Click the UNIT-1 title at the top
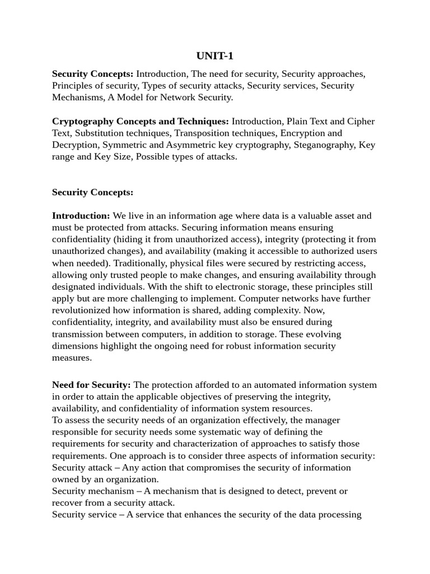[214, 55]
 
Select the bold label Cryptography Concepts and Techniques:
[141, 121]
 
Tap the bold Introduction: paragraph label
[81, 216]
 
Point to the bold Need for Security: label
[91, 385]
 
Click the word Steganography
[325, 145]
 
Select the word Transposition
[203, 133]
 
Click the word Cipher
[361, 121]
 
